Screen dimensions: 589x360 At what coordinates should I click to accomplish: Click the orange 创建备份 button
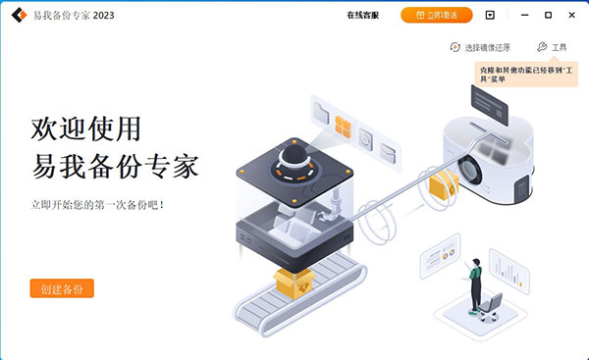point(62,288)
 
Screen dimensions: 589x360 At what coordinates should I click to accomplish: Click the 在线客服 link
point(362,16)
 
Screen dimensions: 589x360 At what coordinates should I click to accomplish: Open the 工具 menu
point(559,47)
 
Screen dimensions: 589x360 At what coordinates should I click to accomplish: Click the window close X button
point(573,16)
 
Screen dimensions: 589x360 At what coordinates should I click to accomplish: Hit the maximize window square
point(547,16)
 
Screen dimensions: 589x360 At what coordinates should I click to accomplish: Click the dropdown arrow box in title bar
point(490,16)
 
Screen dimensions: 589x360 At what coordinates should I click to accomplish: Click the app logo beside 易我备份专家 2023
point(18,16)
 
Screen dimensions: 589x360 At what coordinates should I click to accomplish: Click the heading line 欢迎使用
point(86,129)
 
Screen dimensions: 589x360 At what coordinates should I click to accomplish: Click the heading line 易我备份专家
point(115,168)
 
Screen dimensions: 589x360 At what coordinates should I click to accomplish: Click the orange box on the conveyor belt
point(291,283)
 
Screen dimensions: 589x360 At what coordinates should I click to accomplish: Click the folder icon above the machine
point(322,109)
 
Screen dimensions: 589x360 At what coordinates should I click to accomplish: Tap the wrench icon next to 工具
point(542,47)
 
